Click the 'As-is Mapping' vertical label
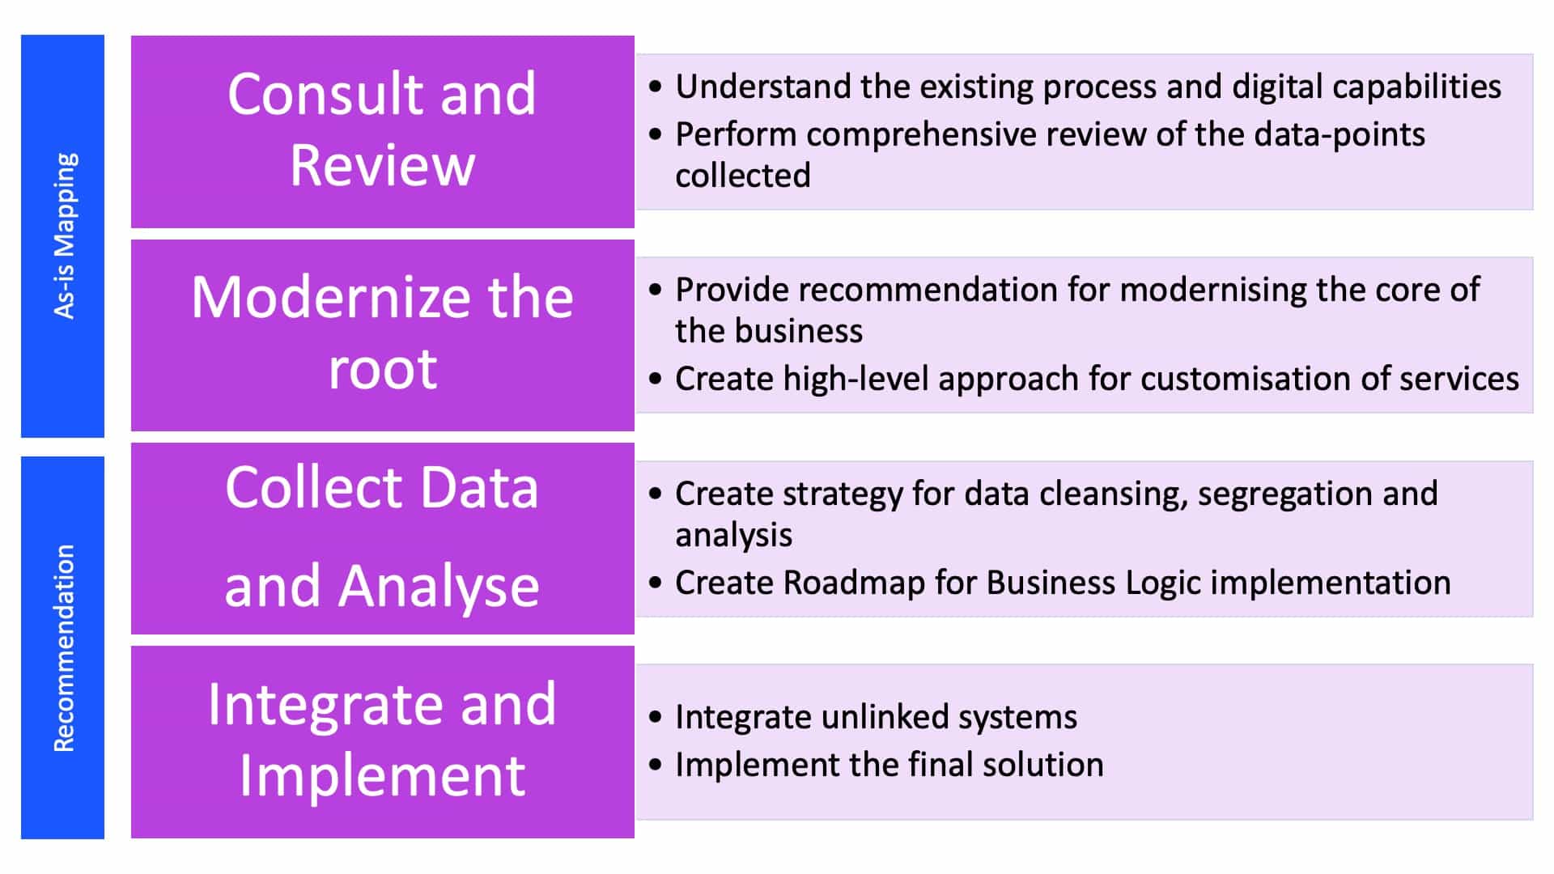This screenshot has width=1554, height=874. pyautogui.click(x=64, y=235)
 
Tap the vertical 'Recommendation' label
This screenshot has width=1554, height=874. pyautogui.click(x=64, y=648)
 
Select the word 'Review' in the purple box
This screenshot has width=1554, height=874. pyautogui.click(x=382, y=165)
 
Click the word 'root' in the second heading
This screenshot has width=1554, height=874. pyautogui.click(x=383, y=369)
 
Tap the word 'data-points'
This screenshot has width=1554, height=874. pyautogui.click(x=1340, y=135)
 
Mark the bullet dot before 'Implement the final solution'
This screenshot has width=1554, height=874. pyautogui.click(x=656, y=765)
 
